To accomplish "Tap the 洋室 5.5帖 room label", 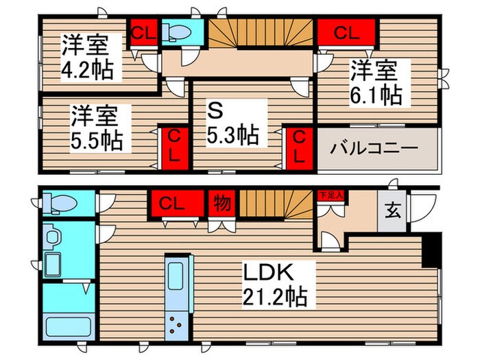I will (x=97, y=128).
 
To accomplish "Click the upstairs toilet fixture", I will (x=180, y=32).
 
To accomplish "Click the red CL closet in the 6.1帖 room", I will (x=346, y=32).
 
